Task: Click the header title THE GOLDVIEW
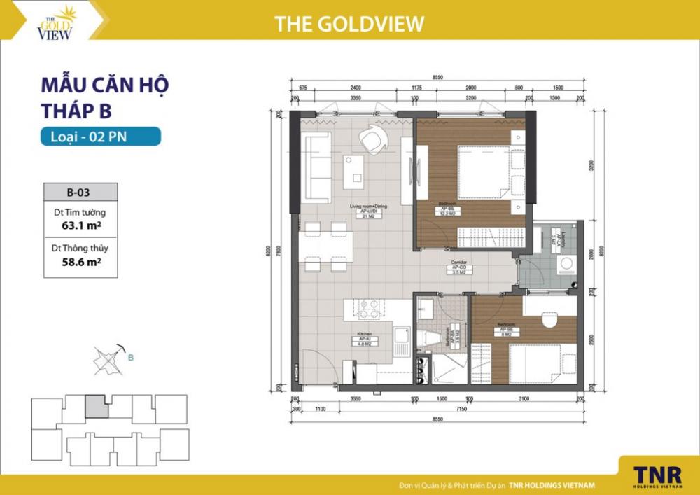pos(349,24)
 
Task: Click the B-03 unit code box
pos(79,190)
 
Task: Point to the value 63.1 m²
pos(78,225)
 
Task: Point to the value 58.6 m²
pos(78,263)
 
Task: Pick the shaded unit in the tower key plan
pos(96,406)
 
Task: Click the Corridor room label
pos(459,267)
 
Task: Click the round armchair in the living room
pos(372,139)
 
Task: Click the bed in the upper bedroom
pos(483,172)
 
